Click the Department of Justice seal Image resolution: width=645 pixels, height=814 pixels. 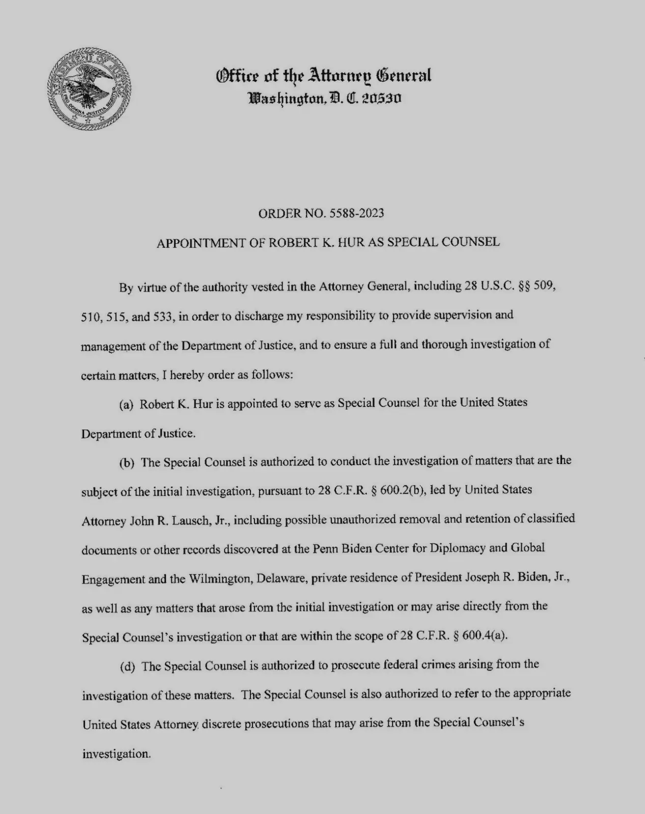point(89,89)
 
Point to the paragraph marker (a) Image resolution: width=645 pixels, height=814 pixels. point(126,405)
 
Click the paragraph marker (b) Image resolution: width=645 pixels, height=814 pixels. point(127,463)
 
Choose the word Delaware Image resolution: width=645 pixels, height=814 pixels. point(282,578)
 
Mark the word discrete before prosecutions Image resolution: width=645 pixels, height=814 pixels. point(221,724)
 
